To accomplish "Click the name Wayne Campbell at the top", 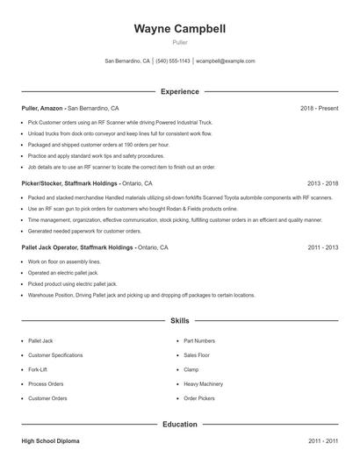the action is click(179, 28).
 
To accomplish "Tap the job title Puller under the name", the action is click(179, 42).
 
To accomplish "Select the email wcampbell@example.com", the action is click(226, 61).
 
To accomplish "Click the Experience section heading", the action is click(179, 91).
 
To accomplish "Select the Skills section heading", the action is click(179, 321).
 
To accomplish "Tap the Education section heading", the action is click(179, 425).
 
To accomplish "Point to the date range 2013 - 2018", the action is click(322, 184).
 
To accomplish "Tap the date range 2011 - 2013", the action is click(322, 247).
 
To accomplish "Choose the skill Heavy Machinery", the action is click(203, 383).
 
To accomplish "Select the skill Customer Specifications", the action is click(55, 354).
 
